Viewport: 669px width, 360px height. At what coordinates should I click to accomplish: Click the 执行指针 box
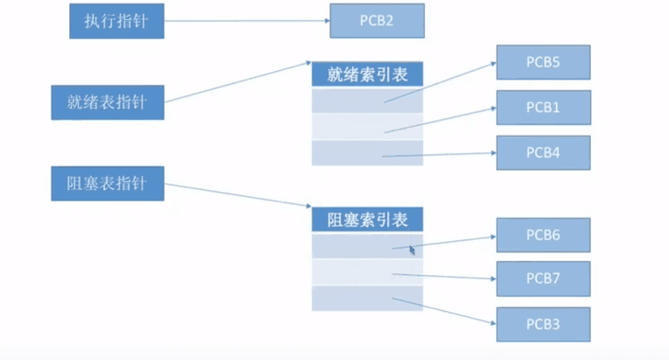coord(116,21)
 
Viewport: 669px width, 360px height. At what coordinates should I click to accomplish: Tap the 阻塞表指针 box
coord(107,184)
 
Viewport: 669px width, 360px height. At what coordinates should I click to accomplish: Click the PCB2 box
coord(377,20)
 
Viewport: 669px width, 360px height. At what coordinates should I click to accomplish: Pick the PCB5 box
coord(543,62)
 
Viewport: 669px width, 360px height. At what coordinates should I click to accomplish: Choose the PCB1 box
coord(543,107)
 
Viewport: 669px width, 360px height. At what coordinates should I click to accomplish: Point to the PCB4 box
coord(543,152)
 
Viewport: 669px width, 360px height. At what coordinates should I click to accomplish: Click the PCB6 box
coord(543,236)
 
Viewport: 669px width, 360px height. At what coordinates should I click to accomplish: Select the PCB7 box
coord(543,279)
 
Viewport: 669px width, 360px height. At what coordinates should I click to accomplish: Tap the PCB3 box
coord(543,324)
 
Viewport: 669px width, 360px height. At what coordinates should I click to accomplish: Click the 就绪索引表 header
coord(368,74)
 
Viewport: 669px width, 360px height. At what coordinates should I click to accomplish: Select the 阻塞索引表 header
coord(368,219)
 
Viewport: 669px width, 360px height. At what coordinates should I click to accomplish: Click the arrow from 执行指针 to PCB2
coord(245,21)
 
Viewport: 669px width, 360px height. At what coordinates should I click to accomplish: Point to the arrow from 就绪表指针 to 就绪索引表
coord(236,84)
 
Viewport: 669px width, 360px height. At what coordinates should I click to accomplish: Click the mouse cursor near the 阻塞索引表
coord(412,250)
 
